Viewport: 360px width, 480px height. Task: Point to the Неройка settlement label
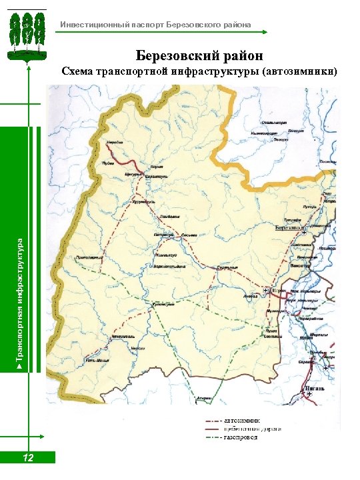pyautogui.click(x=115, y=143)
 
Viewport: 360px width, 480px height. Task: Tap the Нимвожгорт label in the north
pyautogui.click(x=261, y=133)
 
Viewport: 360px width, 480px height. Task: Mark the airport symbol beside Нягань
pyautogui.click(x=307, y=394)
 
